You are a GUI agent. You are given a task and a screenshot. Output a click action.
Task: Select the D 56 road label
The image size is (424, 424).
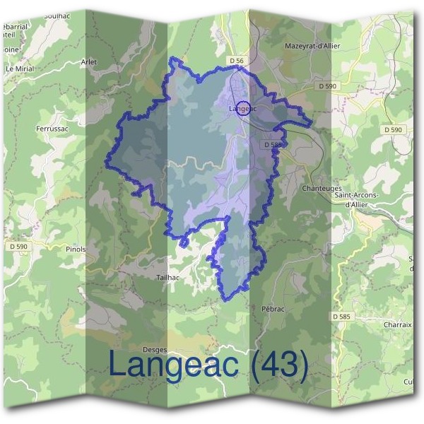point(237,61)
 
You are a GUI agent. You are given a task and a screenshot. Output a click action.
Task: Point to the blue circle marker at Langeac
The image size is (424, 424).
point(244,109)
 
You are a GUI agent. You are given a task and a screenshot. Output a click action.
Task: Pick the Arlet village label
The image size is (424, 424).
point(90,62)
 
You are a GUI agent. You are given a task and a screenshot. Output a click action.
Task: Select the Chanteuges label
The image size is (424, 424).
point(321,189)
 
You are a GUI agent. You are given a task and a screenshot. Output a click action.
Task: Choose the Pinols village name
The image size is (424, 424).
point(74,249)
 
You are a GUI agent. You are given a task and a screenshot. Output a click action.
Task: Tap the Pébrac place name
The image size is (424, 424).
point(272,310)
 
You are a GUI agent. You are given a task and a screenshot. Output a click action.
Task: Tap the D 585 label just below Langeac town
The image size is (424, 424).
point(273,145)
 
